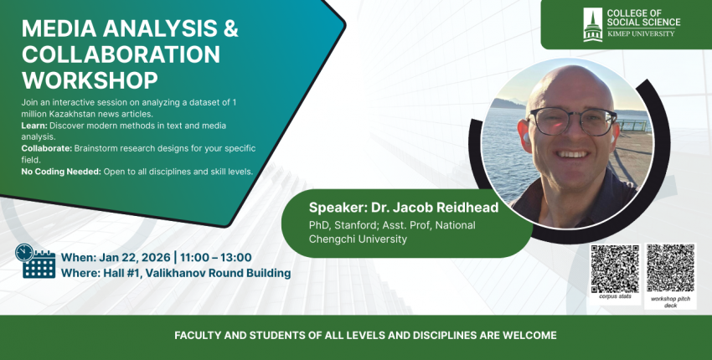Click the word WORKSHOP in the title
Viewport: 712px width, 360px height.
point(90,80)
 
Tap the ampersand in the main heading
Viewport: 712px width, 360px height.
point(230,28)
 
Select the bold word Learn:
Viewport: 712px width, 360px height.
point(34,126)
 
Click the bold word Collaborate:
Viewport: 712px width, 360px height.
point(47,148)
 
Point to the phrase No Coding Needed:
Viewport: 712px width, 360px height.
point(61,172)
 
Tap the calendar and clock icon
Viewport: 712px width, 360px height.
point(35,261)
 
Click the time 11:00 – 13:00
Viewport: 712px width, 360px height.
point(215,258)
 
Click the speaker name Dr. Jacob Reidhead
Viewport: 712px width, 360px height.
point(435,208)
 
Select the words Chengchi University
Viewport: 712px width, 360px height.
point(358,239)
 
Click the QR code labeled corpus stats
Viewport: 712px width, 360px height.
point(615,269)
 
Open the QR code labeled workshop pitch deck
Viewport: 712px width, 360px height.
point(670,268)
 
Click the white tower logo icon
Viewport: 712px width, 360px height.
point(592,24)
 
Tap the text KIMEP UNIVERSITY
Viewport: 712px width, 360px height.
point(641,33)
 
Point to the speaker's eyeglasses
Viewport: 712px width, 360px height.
point(573,121)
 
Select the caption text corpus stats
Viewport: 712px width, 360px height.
point(616,297)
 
